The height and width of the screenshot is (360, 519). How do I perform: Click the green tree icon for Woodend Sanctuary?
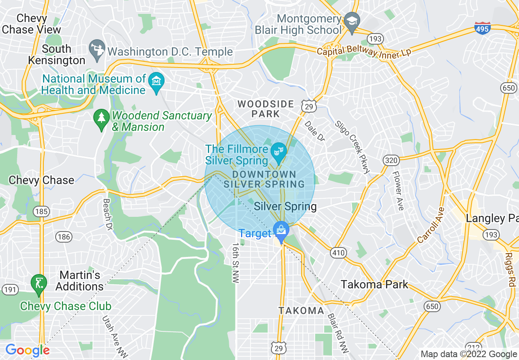click(x=101, y=119)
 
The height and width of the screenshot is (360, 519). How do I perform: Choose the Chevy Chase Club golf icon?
click(x=38, y=283)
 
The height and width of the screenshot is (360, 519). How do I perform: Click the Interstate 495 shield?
click(x=483, y=28)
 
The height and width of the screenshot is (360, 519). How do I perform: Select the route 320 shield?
click(x=391, y=160)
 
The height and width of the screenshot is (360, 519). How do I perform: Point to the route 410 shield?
click(x=338, y=253)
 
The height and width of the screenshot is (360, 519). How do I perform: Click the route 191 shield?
click(x=10, y=290)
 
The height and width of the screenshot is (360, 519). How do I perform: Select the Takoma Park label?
click(x=375, y=284)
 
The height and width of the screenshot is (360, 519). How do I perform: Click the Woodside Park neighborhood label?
click(x=266, y=109)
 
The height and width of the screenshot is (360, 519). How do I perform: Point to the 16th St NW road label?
click(x=236, y=261)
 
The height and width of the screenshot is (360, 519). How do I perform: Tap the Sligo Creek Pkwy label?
click(x=352, y=146)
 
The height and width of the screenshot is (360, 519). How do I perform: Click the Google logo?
click(x=28, y=350)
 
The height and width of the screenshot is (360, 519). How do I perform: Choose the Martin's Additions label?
click(x=79, y=280)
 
